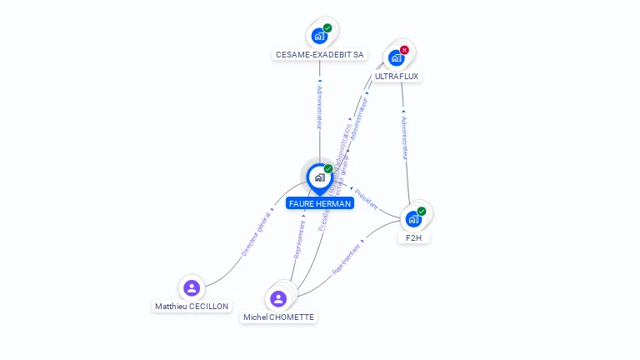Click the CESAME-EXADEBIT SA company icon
click(319, 36)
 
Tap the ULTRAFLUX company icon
click(397, 57)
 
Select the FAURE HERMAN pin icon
click(319, 177)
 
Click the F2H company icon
click(413, 219)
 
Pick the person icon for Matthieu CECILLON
click(192, 288)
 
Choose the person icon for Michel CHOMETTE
click(278, 298)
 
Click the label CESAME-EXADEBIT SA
click(319, 55)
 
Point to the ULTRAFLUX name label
click(397, 76)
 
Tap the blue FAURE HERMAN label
click(319, 203)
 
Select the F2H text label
click(413, 237)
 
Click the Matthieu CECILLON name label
click(192, 307)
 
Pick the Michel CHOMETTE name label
click(278, 317)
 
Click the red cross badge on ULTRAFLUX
click(404, 50)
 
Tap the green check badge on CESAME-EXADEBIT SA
click(327, 28)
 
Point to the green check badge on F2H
click(422, 212)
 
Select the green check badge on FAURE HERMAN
click(328, 169)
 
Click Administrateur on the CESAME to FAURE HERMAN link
click(319, 107)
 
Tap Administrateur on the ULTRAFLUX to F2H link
click(404, 137)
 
